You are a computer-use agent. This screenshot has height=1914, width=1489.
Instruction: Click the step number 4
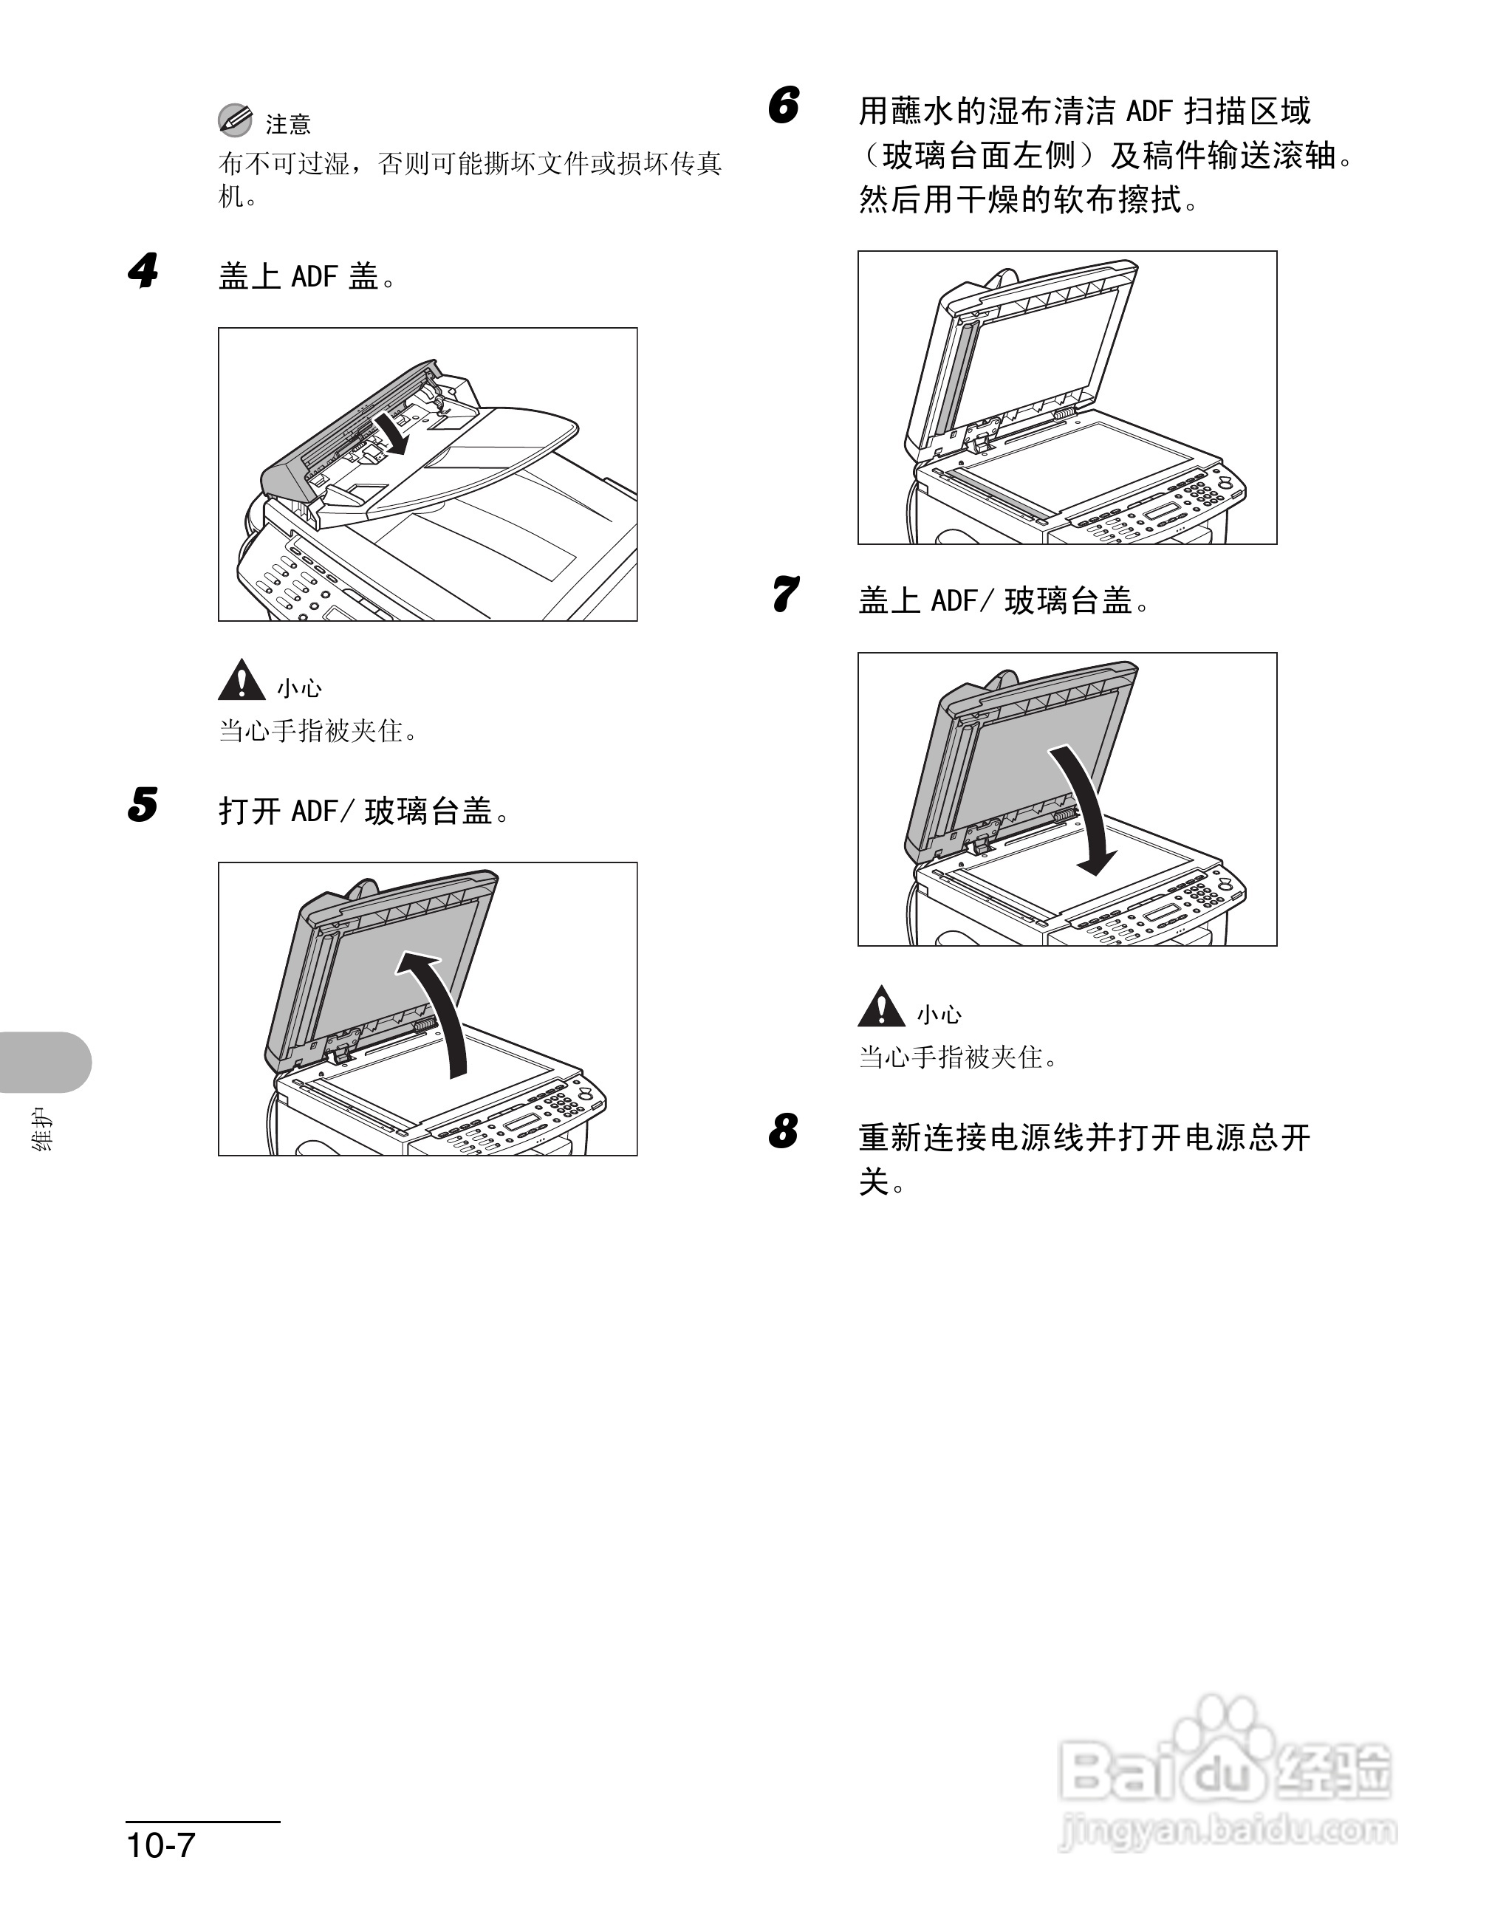pyautogui.click(x=143, y=272)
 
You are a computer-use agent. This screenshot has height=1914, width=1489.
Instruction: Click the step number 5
pyautogui.click(x=143, y=804)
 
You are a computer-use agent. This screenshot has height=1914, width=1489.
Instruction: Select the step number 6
pyautogui.click(x=784, y=106)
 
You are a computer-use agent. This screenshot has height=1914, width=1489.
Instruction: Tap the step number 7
pyautogui.click(x=784, y=594)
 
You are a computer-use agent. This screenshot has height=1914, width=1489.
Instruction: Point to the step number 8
pyautogui.click(x=784, y=1131)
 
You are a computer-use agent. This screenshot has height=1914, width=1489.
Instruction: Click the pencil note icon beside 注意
pyautogui.click(x=235, y=121)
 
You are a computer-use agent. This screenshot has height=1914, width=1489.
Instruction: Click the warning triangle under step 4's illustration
pyautogui.click(x=241, y=681)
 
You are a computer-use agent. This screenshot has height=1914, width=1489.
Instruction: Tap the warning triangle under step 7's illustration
pyautogui.click(x=881, y=1007)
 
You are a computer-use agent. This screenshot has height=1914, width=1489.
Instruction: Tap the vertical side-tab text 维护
pyautogui.click(x=42, y=1129)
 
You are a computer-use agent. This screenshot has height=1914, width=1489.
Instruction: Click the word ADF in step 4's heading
pyautogui.click(x=315, y=277)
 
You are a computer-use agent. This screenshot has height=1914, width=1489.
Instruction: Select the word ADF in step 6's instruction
pyautogui.click(x=1149, y=112)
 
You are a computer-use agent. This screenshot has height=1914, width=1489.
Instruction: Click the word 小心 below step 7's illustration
pyautogui.click(x=939, y=1015)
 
